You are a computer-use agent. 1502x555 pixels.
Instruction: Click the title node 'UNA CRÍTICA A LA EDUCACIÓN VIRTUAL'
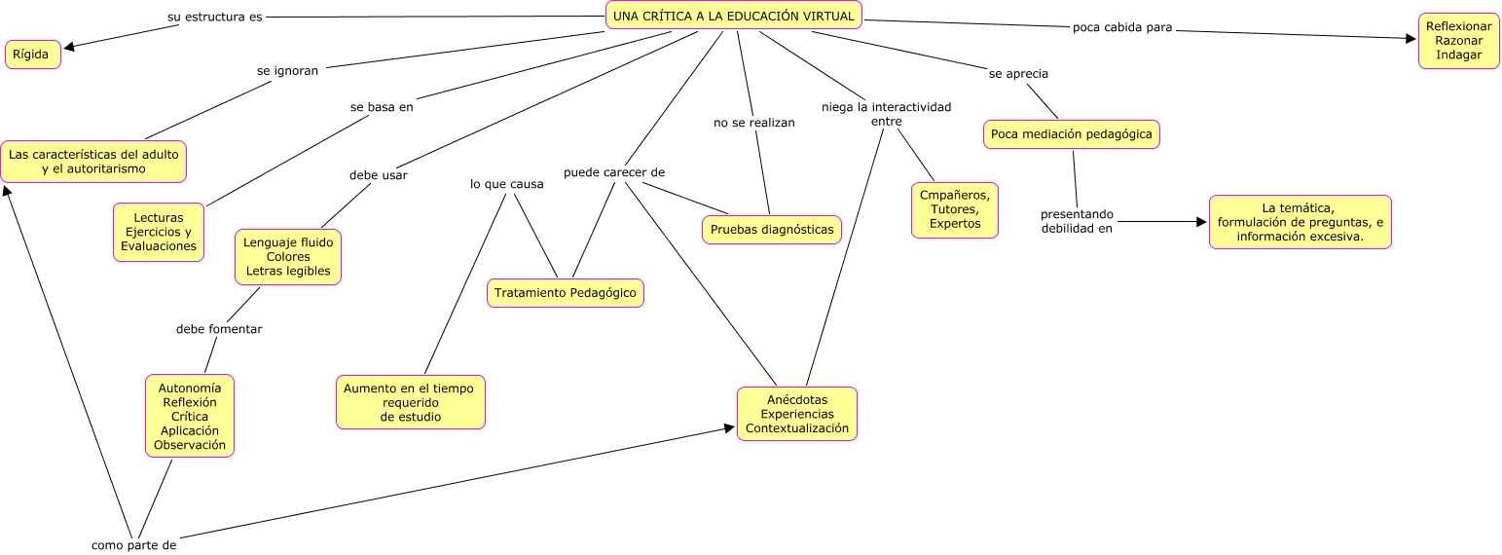click(x=734, y=16)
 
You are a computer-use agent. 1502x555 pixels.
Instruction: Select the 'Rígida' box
click(x=33, y=55)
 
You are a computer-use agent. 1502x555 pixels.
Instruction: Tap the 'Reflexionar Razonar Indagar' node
click(x=1458, y=42)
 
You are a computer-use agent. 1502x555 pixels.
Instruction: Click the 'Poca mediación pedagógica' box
click(x=1071, y=134)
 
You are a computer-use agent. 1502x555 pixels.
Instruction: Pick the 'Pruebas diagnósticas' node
click(x=772, y=230)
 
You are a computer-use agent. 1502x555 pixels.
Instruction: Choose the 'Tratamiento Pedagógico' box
click(x=566, y=293)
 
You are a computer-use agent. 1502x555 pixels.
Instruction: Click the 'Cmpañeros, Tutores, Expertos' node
click(x=955, y=210)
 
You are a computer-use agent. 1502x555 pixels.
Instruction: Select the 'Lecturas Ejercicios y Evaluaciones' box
click(x=159, y=233)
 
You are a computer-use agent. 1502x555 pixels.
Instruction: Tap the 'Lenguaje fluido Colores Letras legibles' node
click(x=288, y=257)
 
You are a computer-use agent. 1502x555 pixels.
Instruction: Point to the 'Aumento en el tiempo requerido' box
click(x=410, y=402)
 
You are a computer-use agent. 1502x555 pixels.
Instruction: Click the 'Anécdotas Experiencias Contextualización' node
click(x=797, y=414)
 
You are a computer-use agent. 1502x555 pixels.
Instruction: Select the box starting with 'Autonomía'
click(x=190, y=417)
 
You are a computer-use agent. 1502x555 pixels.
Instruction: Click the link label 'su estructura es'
click(x=214, y=17)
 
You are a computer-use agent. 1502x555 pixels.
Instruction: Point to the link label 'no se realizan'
click(x=754, y=123)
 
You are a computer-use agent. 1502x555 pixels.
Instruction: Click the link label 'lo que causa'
click(x=506, y=184)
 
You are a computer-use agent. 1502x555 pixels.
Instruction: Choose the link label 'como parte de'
click(x=133, y=544)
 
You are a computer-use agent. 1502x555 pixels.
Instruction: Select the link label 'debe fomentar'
click(x=219, y=329)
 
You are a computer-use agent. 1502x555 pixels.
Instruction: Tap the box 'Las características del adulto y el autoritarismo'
click(x=93, y=162)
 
